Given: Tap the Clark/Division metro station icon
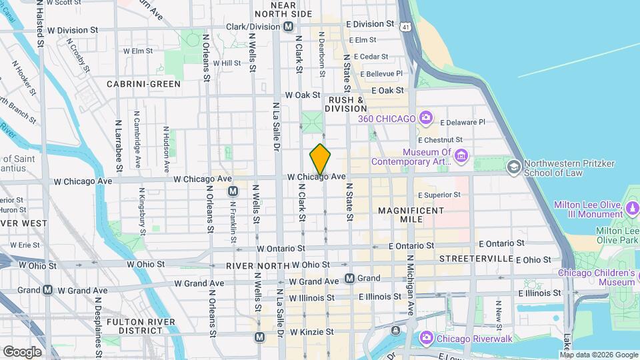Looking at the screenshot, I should coord(288,27).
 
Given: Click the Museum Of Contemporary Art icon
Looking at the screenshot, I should coord(461,157).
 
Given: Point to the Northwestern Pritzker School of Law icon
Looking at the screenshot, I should coord(513,165).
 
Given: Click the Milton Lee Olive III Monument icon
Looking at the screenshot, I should coord(633,210).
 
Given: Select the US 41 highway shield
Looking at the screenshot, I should coord(405,27).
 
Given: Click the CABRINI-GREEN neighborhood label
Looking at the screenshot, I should coord(143,84).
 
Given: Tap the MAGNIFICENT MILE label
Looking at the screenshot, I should coord(411,215).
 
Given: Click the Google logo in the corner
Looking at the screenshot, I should coord(22,351).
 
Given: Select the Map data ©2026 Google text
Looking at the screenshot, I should coord(598,355).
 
